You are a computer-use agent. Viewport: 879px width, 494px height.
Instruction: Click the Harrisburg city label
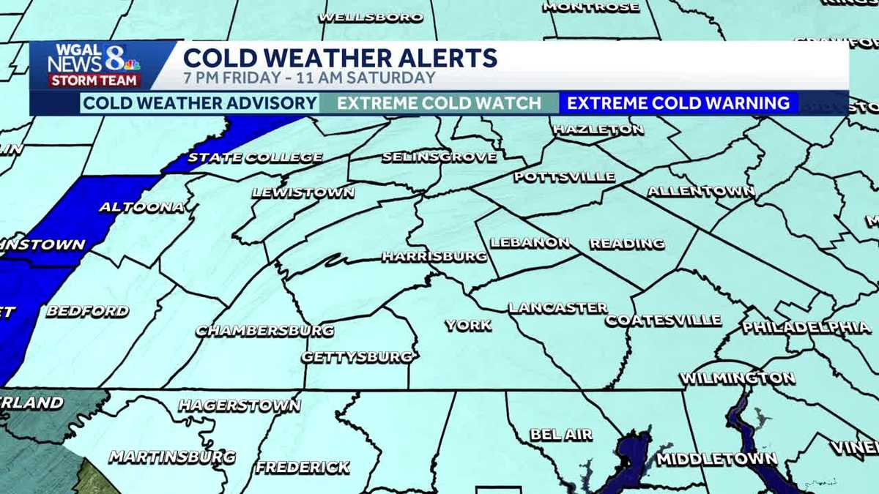click(x=434, y=257)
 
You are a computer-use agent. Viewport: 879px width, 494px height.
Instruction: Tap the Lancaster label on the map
click(x=558, y=308)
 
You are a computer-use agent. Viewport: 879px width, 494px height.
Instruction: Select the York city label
click(x=468, y=326)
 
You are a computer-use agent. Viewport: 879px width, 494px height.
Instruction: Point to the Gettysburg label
click(x=357, y=357)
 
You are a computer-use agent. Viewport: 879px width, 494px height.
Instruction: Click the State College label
click(x=255, y=157)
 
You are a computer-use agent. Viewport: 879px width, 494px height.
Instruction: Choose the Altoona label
click(x=141, y=207)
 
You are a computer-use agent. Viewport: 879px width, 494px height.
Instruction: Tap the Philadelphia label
click(x=806, y=327)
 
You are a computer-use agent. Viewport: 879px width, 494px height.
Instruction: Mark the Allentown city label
click(x=701, y=192)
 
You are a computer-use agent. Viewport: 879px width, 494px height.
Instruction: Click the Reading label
click(x=627, y=244)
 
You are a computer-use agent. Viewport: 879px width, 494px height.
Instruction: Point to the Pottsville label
click(x=564, y=177)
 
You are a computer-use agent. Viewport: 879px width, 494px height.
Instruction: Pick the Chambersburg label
click(x=264, y=331)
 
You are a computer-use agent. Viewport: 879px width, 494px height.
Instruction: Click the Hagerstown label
click(x=240, y=405)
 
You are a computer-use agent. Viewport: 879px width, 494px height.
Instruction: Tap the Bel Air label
click(x=561, y=435)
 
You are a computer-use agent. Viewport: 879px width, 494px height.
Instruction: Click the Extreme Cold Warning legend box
click(x=678, y=103)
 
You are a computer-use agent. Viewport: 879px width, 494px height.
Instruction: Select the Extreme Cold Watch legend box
click(x=439, y=103)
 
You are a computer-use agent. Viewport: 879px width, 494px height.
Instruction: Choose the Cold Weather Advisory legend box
click(x=199, y=103)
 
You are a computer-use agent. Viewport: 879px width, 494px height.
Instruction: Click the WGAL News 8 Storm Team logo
click(x=94, y=66)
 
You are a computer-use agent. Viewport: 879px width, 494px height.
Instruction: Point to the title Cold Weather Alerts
click(x=340, y=58)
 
